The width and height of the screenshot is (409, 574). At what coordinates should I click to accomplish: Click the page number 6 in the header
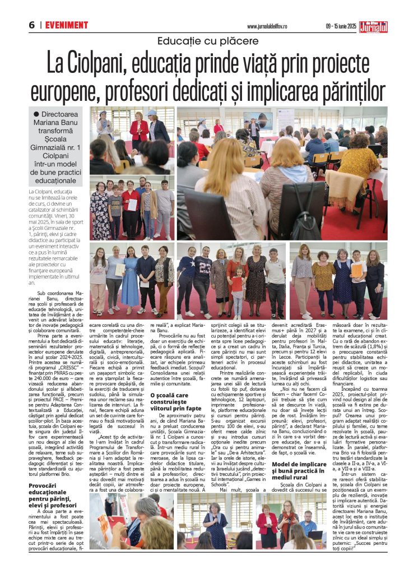[32, 25]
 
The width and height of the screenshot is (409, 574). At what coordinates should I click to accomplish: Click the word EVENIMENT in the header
[67, 25]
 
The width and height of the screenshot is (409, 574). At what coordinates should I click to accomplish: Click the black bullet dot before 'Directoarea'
[36, 114]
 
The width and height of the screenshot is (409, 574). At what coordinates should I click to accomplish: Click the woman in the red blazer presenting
[138, 131]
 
